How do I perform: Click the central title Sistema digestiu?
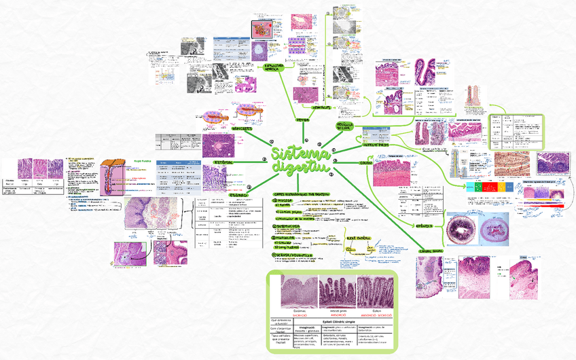pos(298,160)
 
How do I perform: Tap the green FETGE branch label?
pos(302,120)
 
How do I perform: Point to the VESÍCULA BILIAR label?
pos(348,126)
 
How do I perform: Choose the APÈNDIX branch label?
pos(425,225)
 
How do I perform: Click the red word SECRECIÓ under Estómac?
pos(300,315)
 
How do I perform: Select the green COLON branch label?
pos(366,163)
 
